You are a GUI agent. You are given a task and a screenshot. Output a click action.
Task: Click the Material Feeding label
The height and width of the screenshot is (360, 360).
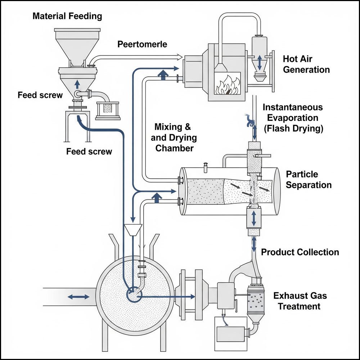67,16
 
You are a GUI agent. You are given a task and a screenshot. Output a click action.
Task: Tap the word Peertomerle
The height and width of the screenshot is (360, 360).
142,44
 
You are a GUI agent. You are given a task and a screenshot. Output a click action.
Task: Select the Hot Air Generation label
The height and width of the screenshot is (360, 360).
306,64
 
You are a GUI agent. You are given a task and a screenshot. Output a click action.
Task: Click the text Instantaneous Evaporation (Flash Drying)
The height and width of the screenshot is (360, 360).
293,118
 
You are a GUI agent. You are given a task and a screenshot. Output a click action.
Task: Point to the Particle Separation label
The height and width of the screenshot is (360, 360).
309,180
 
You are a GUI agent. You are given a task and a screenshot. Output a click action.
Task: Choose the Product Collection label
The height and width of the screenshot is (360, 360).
300,252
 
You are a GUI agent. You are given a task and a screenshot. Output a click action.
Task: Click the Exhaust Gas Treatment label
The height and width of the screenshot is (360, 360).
300,301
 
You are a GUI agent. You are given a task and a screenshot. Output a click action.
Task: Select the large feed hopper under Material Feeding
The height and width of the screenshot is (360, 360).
77,47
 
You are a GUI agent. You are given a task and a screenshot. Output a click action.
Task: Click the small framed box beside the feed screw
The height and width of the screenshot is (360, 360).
108,110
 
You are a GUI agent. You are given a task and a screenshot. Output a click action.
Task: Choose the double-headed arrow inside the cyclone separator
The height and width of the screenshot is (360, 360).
261,63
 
